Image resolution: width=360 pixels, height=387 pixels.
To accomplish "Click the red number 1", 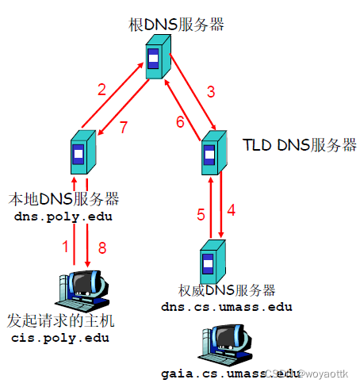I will pyautogui.click(x=66, y=247).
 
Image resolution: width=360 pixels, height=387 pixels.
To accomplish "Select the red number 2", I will pyautogui.click(x=101, y=89).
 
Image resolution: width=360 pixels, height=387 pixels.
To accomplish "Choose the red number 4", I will pyautogui.click(x=231, y=212).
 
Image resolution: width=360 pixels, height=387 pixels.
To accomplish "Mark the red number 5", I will pyautogui.click(x=201, y=215).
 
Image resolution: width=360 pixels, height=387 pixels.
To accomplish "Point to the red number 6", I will pyautogui.click(x=179, y=121).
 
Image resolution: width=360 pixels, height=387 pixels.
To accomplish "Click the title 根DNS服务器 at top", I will pyautogui.click(x=174, y=24).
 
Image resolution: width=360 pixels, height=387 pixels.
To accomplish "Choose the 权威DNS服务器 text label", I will pyautogui.click(x=227, y=290).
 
